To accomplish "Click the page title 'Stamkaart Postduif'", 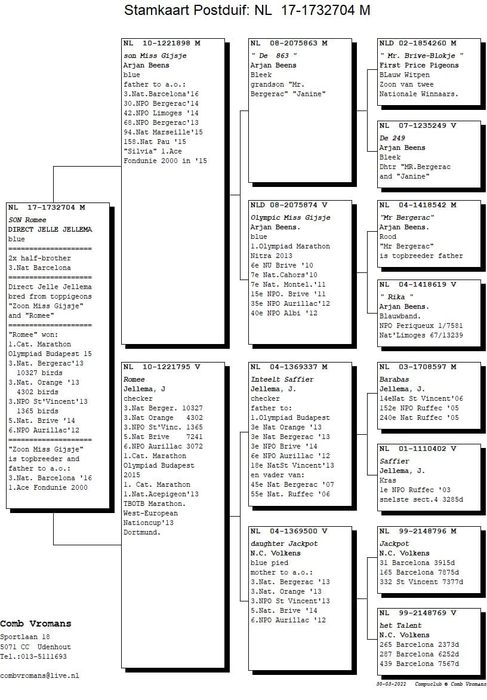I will click(x=186, y=10).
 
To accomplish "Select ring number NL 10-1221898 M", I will click(x=162, y=44).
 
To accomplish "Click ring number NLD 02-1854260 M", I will click(x=418, y=44).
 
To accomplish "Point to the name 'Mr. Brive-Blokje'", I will click(x=421, y=56).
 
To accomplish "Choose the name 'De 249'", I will click(x=392, y=139).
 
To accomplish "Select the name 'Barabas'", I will click(x=394, y=380).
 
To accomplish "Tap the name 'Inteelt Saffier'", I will click(x=282, y=380).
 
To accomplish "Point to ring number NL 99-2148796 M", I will click(x=418, y=531).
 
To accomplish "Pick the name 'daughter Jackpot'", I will click(x=284, y=544).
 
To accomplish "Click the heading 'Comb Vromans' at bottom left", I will click(x=36, y=624).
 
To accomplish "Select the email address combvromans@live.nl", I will click(x=39, y=676).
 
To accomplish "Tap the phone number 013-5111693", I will click(x=43, y=656).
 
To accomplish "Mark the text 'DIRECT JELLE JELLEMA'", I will click(x=50, y=230).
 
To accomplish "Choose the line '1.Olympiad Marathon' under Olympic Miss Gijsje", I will click(x=290, y=247).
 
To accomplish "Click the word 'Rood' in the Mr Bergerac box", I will click(x=388, y=237).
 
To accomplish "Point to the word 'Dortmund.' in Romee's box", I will click(x=142, y=533).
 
